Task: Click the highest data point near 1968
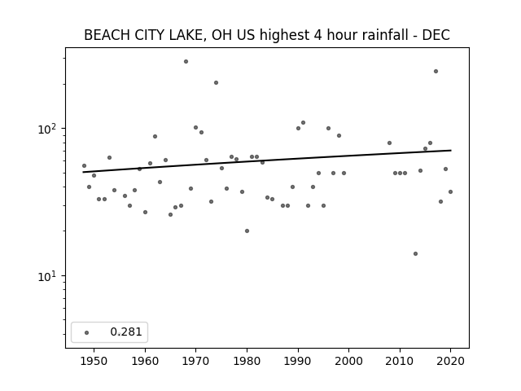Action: point(186,62)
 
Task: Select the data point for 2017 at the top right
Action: point(436,71)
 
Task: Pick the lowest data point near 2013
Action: point(415,253)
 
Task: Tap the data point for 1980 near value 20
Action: point(247,231)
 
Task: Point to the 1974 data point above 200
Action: point(216,82)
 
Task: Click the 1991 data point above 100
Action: point(303,123)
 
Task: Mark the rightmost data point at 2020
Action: point(450,192)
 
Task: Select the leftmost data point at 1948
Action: point(84,165)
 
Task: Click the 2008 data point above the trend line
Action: point(389,143)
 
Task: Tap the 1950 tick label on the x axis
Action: point(94,361)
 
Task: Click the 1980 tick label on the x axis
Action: point(247,361)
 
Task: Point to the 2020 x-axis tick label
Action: point(450,361)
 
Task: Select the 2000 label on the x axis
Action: point(349,361)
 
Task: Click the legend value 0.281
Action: point(126,332)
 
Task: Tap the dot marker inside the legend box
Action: point(87,332)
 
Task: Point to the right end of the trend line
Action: point(450,150)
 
